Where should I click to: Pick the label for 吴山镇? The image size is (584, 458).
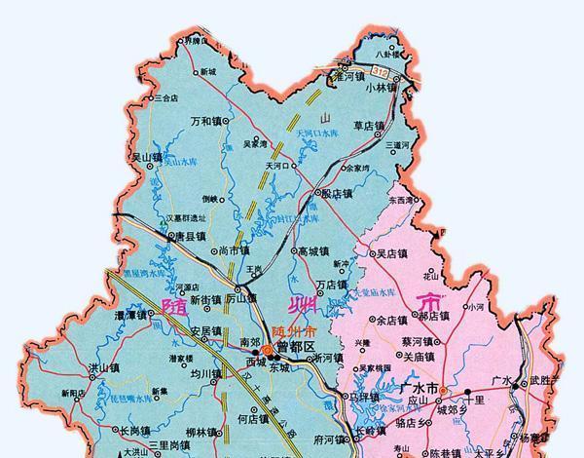131,156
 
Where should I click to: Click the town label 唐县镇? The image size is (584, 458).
189,236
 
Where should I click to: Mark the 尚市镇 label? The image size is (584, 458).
237,249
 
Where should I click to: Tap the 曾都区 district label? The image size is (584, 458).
296,347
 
